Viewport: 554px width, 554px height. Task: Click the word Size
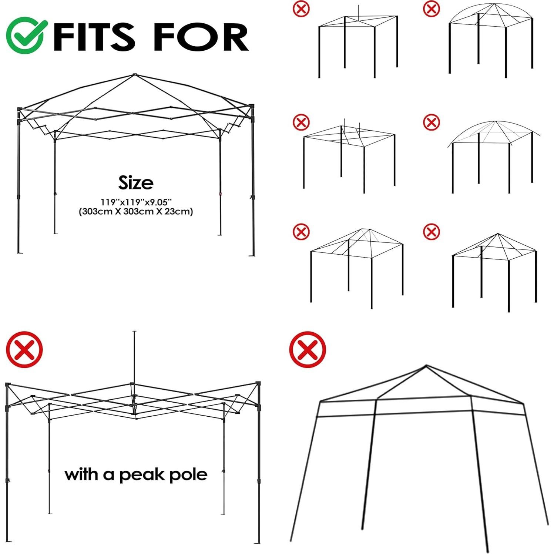[x=135, y=183]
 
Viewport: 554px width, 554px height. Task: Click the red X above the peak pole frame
[x=24, y=349]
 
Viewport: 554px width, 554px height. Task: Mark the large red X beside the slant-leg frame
[x=308, y=349]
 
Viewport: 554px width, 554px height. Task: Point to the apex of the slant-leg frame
[x=426, y=366]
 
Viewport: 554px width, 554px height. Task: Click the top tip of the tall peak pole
[x=134, y=332]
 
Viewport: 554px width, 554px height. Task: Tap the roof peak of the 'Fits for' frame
[x=134, y=74]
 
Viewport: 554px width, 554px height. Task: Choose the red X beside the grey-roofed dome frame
[x=431, y=122]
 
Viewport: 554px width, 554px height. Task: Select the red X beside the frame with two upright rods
[x=301, y=122]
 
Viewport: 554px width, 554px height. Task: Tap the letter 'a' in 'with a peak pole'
[x=108, y=475]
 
